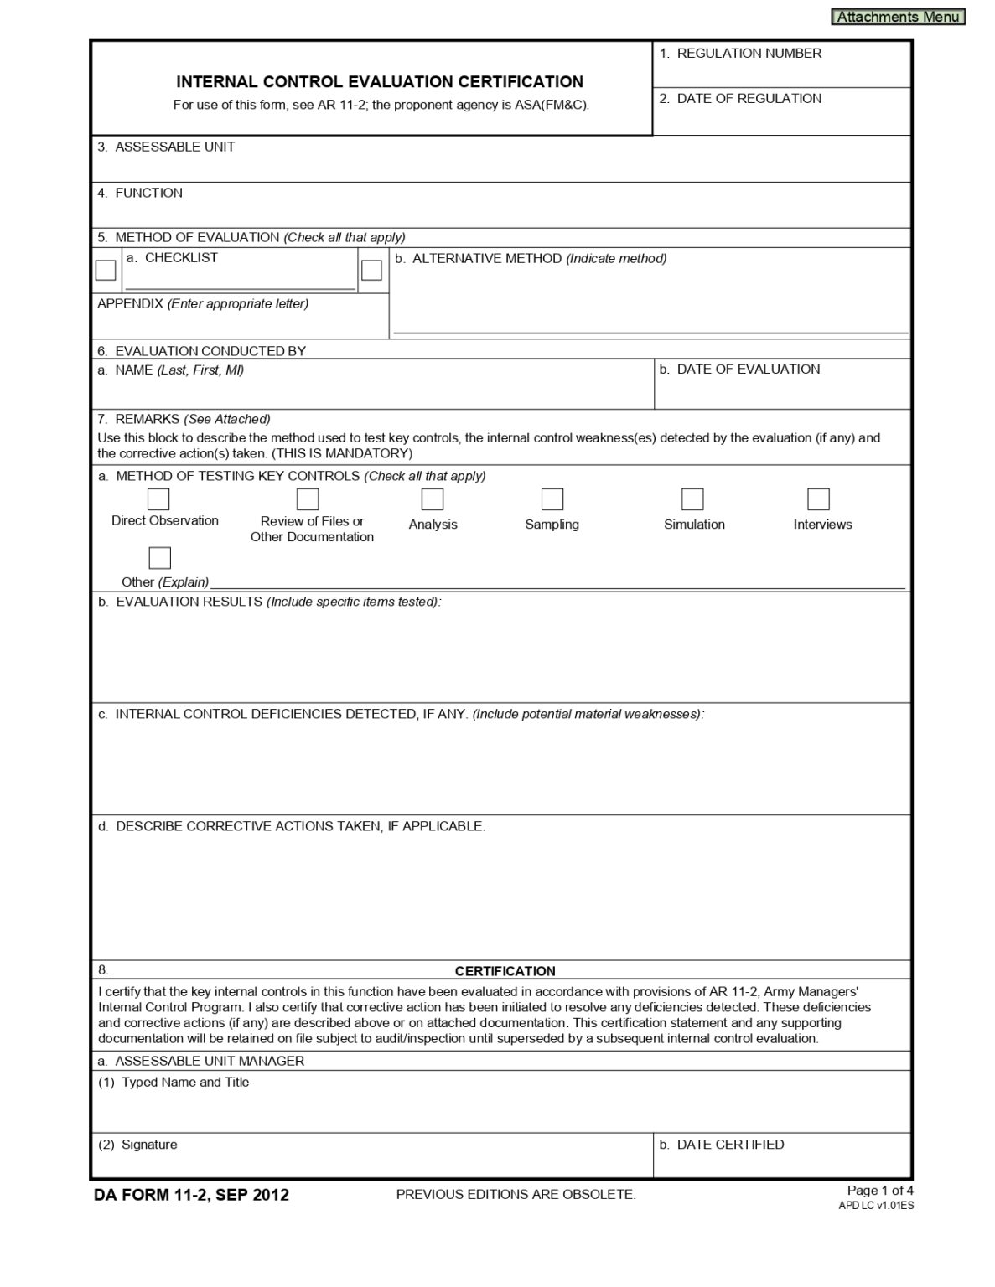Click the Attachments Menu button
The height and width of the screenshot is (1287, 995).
pos(898,17)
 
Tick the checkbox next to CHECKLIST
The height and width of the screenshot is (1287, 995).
pos(106,270)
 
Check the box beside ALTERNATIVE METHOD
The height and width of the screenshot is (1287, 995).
pos(371,270)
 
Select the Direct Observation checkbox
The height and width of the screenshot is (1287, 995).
pos(158,499)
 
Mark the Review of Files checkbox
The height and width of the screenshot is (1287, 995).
pos(308,499)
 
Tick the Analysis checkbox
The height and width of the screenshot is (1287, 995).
pos(433,499)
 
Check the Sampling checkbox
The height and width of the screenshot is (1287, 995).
pos(552,499)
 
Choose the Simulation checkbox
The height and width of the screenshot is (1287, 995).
pos(692,499)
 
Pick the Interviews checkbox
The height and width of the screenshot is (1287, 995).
pos(818,499)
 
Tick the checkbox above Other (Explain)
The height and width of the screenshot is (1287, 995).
pos(159,558)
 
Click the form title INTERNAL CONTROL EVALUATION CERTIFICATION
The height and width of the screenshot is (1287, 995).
pos(380,82)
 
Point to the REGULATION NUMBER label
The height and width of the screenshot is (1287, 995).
pos(749,54)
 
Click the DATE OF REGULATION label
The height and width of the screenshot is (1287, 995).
pos(749,99)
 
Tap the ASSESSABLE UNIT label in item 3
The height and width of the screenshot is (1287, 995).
pos(174,147)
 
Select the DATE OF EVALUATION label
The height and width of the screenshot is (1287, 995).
pos(748,370)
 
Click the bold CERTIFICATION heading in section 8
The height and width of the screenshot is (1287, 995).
pos(505,971)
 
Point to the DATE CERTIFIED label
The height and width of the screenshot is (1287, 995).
pos(730,1145)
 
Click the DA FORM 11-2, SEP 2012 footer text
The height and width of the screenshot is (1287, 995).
pos(192,1195)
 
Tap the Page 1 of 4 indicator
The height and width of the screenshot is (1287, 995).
pos(880,1191)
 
